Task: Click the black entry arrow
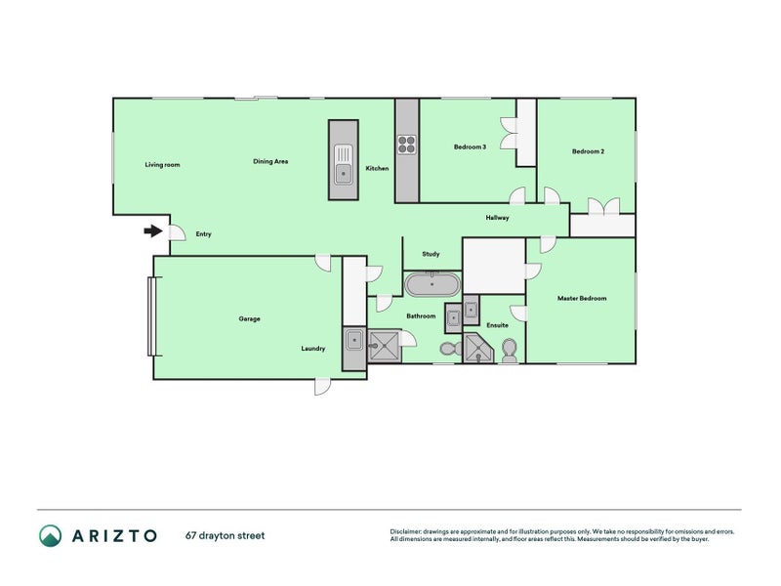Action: tap(153, 231)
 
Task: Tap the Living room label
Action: tap(162, 165)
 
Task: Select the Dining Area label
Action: tap(270, 161)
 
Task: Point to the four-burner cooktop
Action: tap(407, 145)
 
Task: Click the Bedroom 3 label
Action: tap(470, 147)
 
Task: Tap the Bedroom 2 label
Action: tap(588, 151)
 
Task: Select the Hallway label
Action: tap(497, 218)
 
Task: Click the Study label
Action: tap(431, 254)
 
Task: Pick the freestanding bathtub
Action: tap(432, 284)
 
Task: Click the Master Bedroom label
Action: tap(582, 299)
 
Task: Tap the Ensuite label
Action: tap(497, 325)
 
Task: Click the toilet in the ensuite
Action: tap(510, 351)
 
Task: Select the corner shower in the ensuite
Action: tap(477, 349)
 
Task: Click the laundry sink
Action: tap(354, 341)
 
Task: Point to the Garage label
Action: tap(249, 319)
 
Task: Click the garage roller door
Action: tap(152, 316)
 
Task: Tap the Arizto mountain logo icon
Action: tap(51, 535)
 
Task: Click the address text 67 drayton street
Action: tap(226, 535)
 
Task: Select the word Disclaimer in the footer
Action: tap(405, 531)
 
